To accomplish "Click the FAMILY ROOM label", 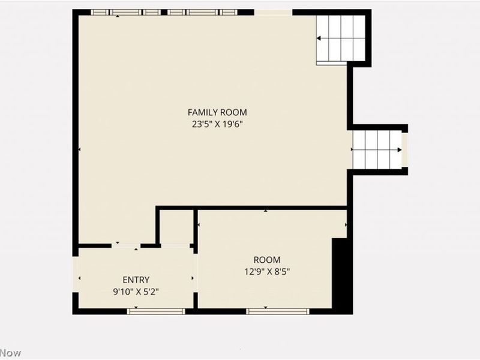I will click(217, 112).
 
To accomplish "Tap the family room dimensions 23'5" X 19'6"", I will click(217, 124).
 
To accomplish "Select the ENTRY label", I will click(136, 280).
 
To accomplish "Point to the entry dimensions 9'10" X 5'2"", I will click(136, 292).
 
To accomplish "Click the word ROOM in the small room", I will click(267, 260).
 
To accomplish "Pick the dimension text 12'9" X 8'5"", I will click(267, 271).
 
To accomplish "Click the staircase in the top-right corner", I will click(341, 38).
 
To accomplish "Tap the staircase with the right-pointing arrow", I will click(377, 150).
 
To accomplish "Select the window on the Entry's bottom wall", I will click(157, 311).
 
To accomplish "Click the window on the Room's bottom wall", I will click(278, 311).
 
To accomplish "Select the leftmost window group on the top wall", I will click(126, 12).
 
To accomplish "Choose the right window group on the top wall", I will click(202, 12).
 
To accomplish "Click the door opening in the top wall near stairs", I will click(274, 12).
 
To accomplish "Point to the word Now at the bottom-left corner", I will click(10, 353).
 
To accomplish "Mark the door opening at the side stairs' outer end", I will click(405, 150).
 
